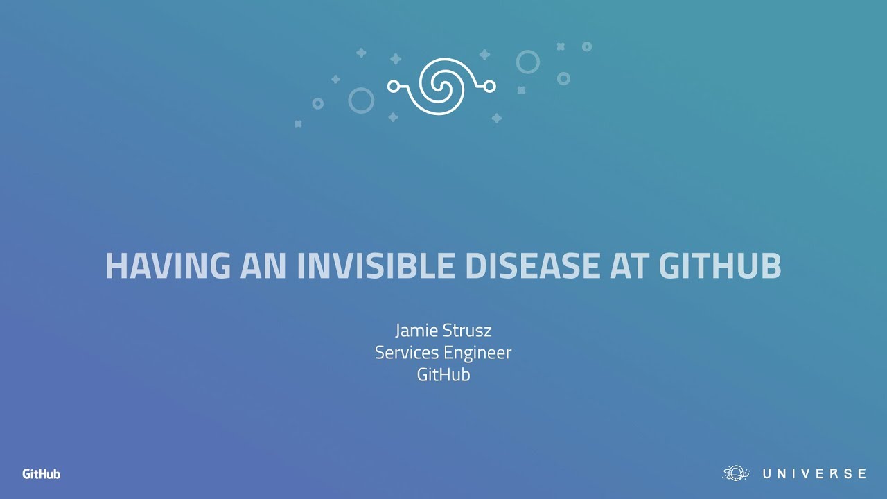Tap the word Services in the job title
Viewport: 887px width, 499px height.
(x=403, y=352)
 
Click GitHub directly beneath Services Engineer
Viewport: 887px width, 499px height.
(x=443, y=375)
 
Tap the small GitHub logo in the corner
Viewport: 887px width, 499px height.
(x=41, y=474)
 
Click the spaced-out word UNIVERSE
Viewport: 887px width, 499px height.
(x=814, y=474)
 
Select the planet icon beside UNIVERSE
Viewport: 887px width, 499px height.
(x=737, y=473)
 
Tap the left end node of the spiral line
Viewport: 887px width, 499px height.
(x=393, y=86)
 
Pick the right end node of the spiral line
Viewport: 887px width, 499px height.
(x=491, y=86)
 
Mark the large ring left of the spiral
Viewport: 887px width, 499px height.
(x=361, y=100)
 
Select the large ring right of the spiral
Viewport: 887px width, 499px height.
(x=527, y=62)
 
